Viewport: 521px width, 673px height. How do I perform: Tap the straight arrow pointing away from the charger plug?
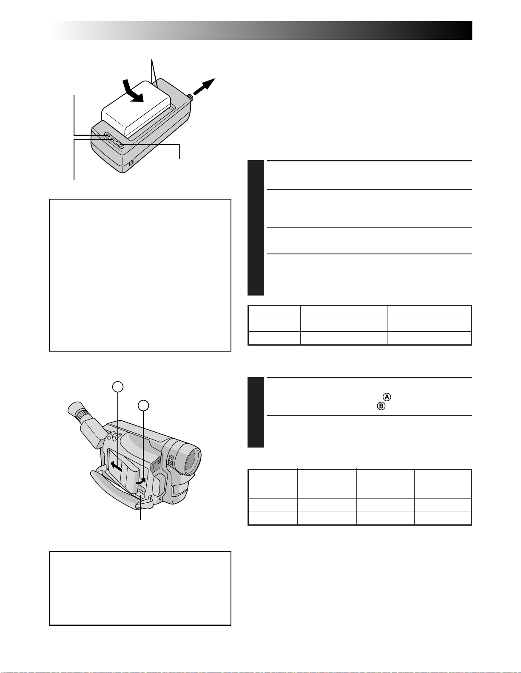pos(204,87)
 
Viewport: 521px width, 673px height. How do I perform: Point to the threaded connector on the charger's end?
pos(190,97)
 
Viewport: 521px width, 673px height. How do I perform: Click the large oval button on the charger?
pos(120,144)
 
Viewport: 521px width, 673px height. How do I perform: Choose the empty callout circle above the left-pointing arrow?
pos(117,387)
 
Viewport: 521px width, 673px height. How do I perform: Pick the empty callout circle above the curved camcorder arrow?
pos(143,405)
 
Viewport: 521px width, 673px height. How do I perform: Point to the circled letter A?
pos(387,397)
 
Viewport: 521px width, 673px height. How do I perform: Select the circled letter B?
pos(381,406)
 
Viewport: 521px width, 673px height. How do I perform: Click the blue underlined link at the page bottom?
pos(84,669)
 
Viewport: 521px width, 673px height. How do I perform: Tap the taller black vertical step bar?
pos(256,228)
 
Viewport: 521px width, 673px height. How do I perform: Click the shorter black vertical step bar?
pos(256,412)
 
